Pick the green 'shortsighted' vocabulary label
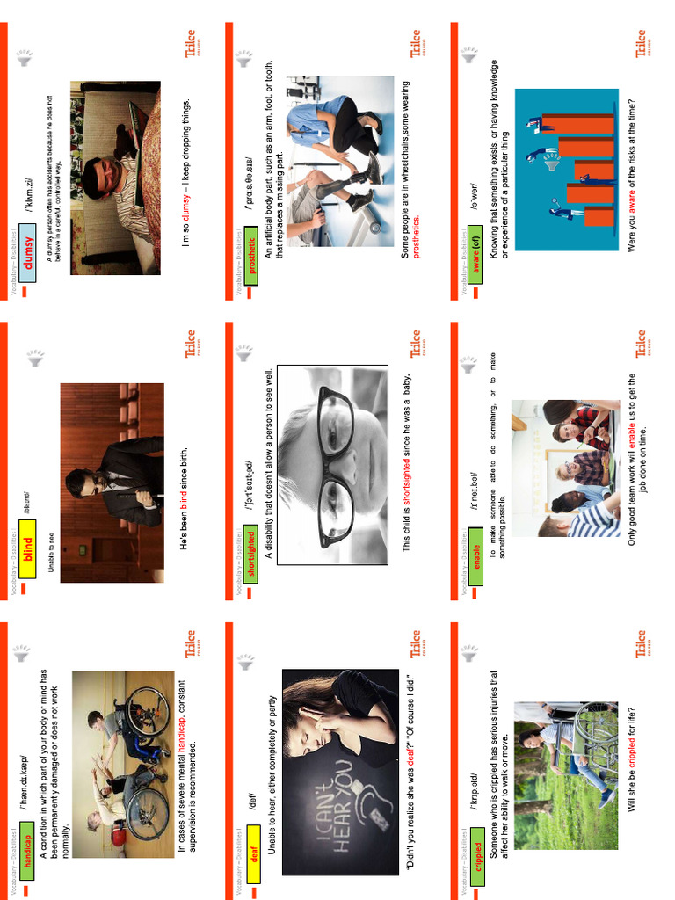pyautogui.click(x=252, y=557)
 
